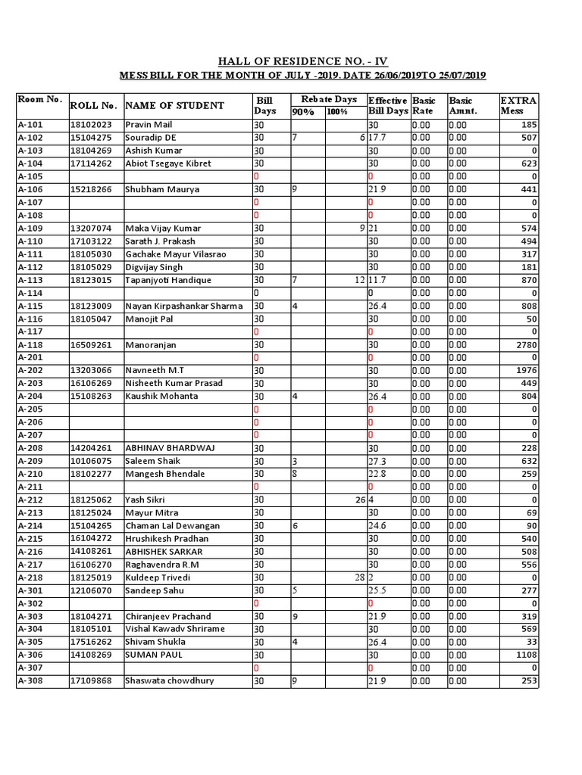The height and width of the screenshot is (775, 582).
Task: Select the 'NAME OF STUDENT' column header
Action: click(x=174, y=105)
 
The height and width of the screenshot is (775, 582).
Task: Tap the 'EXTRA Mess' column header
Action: click(x=518, y=105)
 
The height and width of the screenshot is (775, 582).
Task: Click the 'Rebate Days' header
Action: click(x=328, y=99)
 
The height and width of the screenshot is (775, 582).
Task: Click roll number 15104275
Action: click(x=91, y=138)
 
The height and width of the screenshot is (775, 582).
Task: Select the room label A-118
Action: click(x=30, y=344)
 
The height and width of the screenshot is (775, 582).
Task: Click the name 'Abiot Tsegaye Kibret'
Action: click(x=168, y=163)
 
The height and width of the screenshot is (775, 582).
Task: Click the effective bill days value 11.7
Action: click(x=378, y=280)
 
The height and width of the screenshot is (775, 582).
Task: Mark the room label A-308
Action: click(x=30, y=680)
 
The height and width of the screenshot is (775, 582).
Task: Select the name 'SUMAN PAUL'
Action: click(x=151, y=655)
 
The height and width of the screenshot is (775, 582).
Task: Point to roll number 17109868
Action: click(x=91, y=680)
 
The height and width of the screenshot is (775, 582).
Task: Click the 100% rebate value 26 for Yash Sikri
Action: click(x=361, y=500)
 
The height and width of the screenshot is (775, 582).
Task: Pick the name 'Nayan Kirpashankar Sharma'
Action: click(x=184, y=306)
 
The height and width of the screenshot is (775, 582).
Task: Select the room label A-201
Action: click(x=30, y=357)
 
